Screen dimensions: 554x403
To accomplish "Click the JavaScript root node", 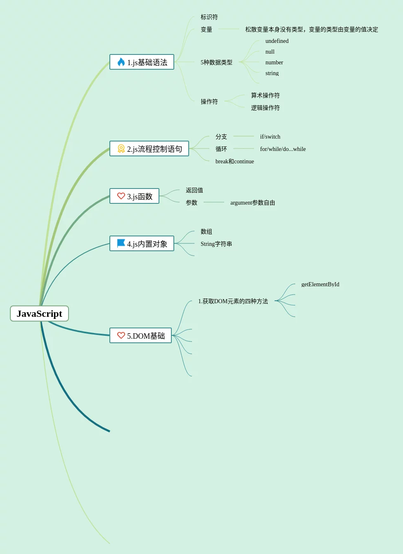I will pyautogui.click(x=39, y=314).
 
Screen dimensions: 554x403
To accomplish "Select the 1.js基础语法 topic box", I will pyautogui.click(x=142, y=62).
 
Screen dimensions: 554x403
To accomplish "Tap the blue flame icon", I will pyautogui.click(x=121, y=62).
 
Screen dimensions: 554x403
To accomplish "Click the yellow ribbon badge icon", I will pyautogui.click(x=121, y=149).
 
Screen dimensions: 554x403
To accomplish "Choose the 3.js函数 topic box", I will pyautogui.click(x=134, y=196).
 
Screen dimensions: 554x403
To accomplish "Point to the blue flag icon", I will pyautogui.click(x=121, y=243).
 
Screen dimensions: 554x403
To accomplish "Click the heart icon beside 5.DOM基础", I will pyautogui.click(x=121, y=335).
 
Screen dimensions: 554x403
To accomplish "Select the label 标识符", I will pyautogui.click(x=209, y=17).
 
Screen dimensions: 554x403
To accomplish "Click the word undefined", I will pyautogui.click(x=277, y=41).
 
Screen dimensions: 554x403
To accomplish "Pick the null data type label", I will pyautogui.click(x=270, y=52).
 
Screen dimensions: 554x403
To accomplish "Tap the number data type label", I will pyautogui.click(x=274, y=62).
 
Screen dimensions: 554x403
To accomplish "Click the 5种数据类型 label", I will pyautogui.click(x=216, y=62).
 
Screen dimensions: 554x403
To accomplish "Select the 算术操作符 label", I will pyautogui.click(x=265, y=95).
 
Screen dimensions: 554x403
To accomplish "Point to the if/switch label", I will pyautogui.click(x=270, y=137).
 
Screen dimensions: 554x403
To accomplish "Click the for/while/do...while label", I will pyautogui.click(x=283, y=149).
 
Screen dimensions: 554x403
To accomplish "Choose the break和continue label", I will pyautogui.click(x=235, y=161).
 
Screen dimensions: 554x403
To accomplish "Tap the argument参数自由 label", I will pyautogui.click(x=252, y=203).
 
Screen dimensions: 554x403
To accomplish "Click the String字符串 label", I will pyautogui.click(x=216, y=244).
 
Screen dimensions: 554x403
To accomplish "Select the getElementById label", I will pyautogui.click(x=320, y=284).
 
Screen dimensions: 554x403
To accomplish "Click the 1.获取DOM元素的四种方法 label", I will pyautogui.click(x=233, y=301).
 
